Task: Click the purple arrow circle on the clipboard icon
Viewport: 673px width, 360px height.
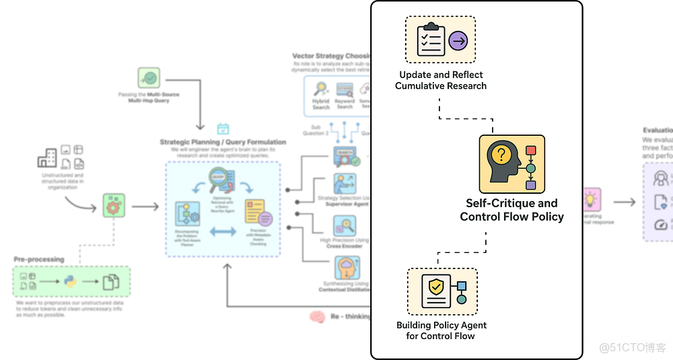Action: (x=458, y=41)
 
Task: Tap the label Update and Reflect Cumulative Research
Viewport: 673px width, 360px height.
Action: (x=441, y=80)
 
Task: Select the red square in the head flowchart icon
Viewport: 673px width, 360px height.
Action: (x=530, y=150)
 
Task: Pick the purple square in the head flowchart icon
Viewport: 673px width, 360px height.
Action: (x=530, y=185)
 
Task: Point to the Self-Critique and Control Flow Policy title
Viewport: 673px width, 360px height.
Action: (x=511, y=210)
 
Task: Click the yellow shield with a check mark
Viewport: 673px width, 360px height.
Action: (x=436, y=287)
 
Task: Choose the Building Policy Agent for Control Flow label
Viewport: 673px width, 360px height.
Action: (x=441, y=330)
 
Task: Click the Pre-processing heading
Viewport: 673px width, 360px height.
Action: (x=39, y=259)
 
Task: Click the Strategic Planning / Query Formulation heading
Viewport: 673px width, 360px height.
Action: (x=223, y=142)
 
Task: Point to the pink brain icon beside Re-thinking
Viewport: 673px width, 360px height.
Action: (x=318, y=316)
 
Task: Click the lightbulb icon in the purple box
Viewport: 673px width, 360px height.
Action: (x=590, y=200)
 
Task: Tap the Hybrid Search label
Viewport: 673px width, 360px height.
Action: (x=321, y=104)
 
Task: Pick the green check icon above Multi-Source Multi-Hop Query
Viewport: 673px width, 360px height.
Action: (x=149, y=78)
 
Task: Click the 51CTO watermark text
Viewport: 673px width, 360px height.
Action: (x=632, y=347)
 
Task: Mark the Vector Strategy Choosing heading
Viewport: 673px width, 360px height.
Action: (x=332, y=56)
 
